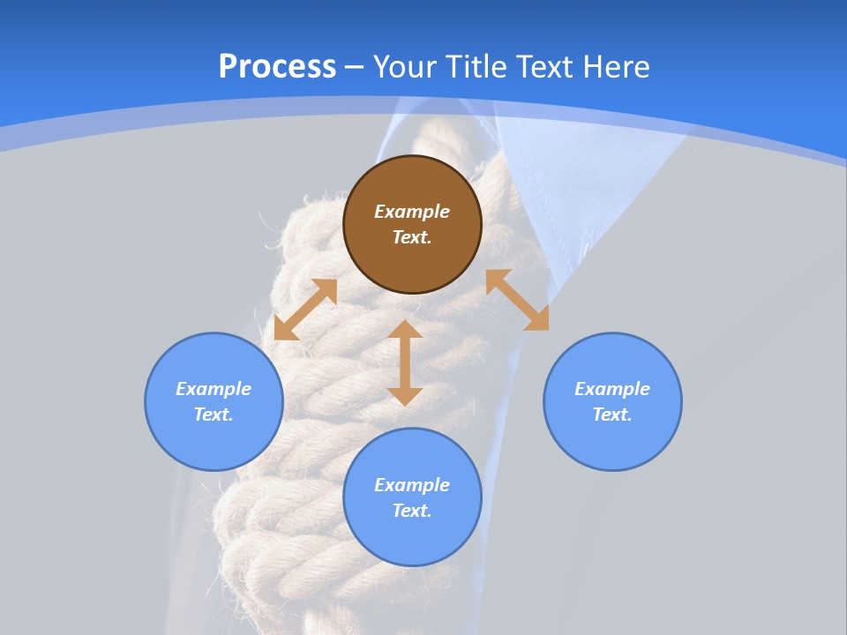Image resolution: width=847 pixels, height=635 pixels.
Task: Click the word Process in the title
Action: click(x=277, y=67)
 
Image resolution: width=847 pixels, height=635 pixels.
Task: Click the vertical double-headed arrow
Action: click(x=405, y=363)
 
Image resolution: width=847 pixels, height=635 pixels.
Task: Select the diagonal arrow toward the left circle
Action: click(x=305, y=310)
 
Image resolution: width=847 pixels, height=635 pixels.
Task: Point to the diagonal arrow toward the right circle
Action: click(x=517, y=300)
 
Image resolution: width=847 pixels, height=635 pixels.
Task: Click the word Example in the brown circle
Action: click(x=412, y=212)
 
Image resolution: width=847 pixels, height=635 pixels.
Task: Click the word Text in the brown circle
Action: click(x=412, y=237)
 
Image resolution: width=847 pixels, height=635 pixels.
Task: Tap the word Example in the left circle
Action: click(x=214, y=389)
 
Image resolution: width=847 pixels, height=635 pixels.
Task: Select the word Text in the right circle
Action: click(x=612, y=415)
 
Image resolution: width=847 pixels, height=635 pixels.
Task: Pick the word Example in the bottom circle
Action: click(x=412, y=485)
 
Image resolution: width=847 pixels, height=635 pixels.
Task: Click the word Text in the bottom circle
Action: click(x=412, y=511)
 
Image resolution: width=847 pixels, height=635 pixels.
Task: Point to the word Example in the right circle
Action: click(x=612, y=389)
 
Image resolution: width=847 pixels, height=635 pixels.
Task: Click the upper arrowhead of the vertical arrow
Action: click(x=405, y=330)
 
